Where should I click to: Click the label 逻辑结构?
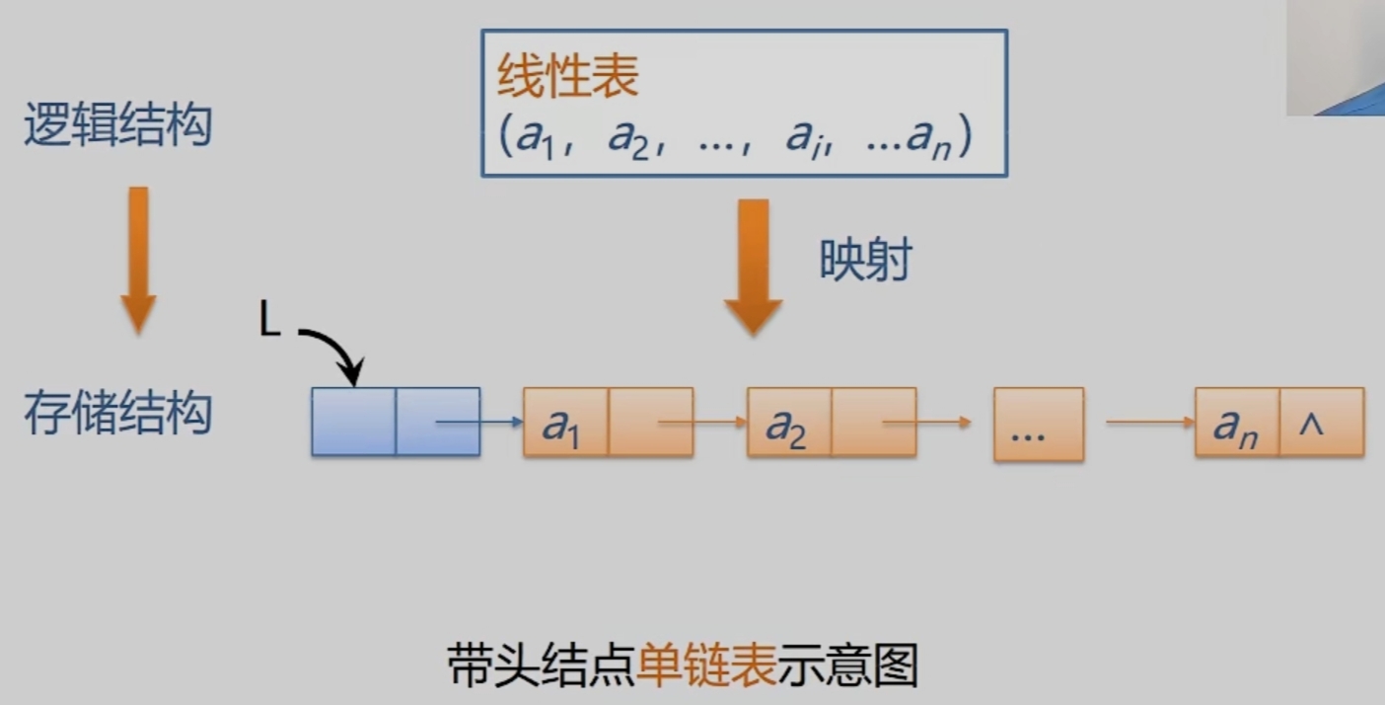(117, 126)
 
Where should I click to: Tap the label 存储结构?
(117, 414)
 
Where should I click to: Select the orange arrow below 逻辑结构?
(139, 259)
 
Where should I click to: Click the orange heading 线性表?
(567, 76)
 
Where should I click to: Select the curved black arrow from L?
(335, 351)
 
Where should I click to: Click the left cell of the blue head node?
(353, 422)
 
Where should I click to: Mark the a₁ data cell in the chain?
(565, 423)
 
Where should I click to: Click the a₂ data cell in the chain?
(789, 423)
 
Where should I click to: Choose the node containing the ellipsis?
(1038, 425)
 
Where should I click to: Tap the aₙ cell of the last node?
(1236, 423)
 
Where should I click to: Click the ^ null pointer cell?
(1321, 423)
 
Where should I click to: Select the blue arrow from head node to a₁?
(479, 423)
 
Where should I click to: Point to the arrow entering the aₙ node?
(1150, 423)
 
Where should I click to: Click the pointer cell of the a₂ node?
(873, 423)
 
